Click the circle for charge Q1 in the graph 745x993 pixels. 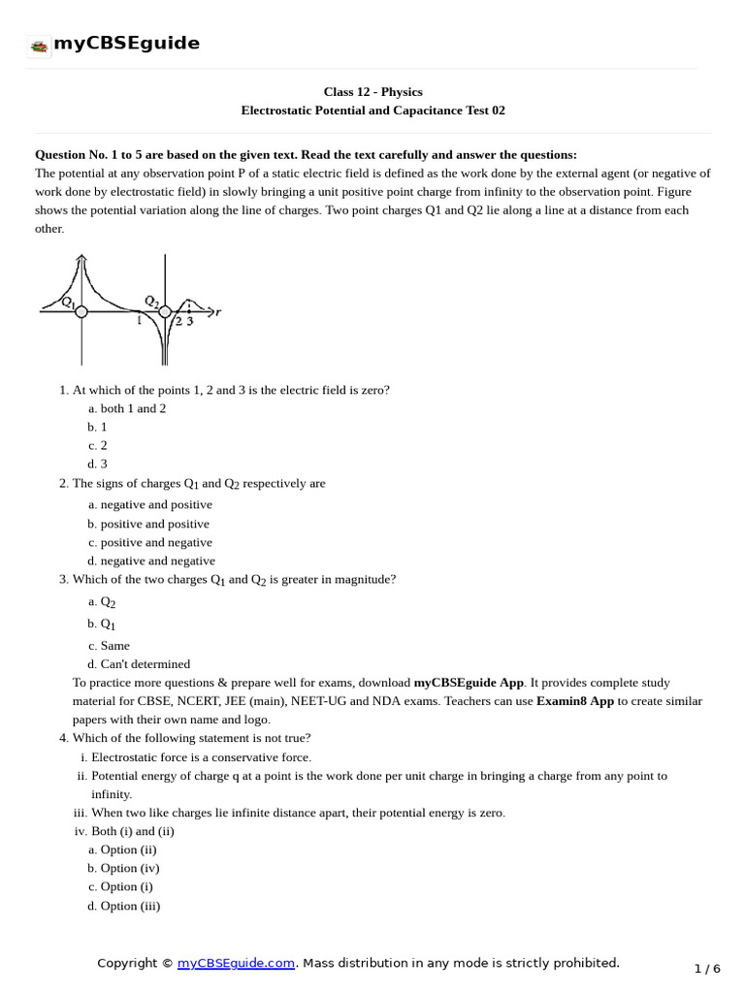(x=81, y=311)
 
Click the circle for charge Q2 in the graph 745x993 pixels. (x=165, y=311)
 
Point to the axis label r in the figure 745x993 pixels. (x=218, y=311)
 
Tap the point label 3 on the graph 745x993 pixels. (x=190, y=322)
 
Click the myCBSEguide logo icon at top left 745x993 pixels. (x=40, y=46)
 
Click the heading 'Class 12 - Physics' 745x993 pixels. (x=372, y=92)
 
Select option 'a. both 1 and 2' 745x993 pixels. (x=127, y=408)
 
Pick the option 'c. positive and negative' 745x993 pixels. (x=149, y=542)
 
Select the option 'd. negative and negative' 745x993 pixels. (x=151, y=561)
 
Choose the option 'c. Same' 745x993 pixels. (x=109, y=645)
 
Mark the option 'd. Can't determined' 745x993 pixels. (x=139, y=664)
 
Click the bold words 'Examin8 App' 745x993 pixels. (x=575, y=701)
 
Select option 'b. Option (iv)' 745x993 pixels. (x=123, y=868)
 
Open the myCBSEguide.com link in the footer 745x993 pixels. (x=236, y=963)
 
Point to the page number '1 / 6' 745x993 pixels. (x=708, y=969)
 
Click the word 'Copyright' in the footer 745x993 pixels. (x=128, y=963)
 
